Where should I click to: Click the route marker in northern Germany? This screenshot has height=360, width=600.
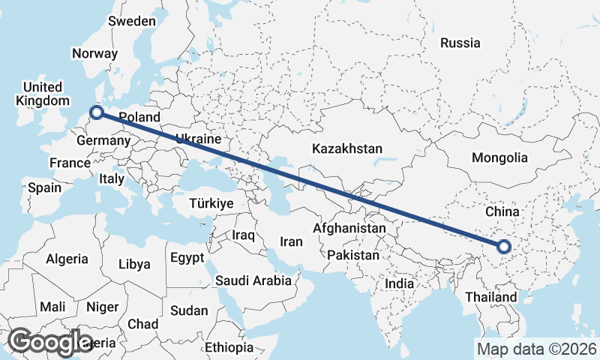[x=96, y=113]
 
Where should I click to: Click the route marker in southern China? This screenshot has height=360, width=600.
[x=503, y=246]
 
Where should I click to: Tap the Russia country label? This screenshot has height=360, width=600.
[x=460, y=43]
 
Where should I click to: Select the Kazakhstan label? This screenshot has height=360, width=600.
[x=348, y=148]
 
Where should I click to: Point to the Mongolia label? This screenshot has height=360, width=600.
[x=499, y=158]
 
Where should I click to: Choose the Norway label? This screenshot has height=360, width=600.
[x=94, y=53]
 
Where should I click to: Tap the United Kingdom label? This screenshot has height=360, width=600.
[x=42, y=94]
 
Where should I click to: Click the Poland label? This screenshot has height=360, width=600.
[x=139, y=118]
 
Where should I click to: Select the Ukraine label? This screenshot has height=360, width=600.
[x=198, y=139]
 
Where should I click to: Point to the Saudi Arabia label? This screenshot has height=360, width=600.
[x=253, y=281]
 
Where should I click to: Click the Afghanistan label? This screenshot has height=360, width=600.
[x=349, y=228]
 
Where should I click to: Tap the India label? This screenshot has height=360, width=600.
[x=399, y=284]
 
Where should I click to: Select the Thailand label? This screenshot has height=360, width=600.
[x=490, y=298]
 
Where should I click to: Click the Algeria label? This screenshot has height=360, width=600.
[x=67, y=259]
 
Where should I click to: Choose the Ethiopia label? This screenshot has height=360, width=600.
[x=229, y=348]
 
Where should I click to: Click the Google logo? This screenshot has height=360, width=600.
[x=51, y=342]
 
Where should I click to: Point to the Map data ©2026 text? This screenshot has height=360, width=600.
[x=536, y=349]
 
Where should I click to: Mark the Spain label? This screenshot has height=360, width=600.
[x=44, y=188]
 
